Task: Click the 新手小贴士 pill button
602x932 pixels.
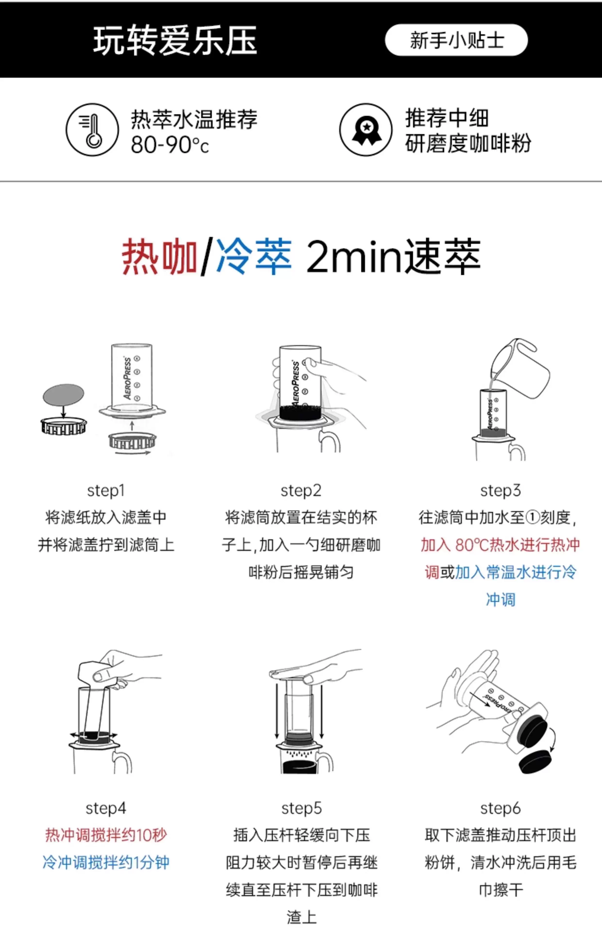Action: click(456, 40)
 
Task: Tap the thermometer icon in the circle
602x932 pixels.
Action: click(92, 130)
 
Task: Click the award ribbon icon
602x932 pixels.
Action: click(366, 130)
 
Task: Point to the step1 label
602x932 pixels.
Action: click(106, 491)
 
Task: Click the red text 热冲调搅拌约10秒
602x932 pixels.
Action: click(106, 835)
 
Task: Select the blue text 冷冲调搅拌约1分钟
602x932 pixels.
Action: click(106, 862)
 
